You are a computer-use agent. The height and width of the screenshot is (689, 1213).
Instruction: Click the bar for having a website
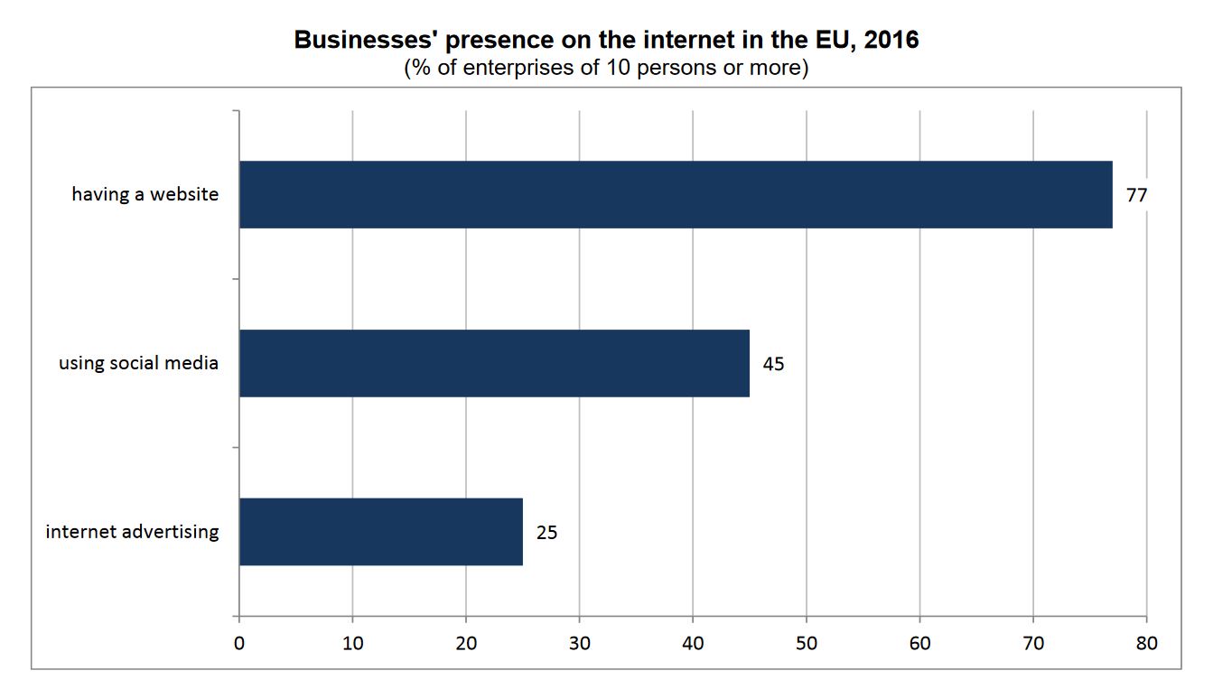click(676, 194)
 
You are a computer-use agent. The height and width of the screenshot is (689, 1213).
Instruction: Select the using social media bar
click(494, 363)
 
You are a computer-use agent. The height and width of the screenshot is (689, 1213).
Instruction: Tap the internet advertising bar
click(380, 532)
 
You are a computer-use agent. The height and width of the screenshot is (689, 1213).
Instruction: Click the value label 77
click(1136, 194)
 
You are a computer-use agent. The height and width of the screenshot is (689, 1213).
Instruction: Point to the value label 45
click(773, 364)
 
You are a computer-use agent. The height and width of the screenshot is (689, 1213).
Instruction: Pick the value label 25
click(546, 533)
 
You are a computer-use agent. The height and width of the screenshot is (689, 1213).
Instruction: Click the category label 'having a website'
click(145, 194)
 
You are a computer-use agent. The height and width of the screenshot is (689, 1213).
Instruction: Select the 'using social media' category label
click(139, 364)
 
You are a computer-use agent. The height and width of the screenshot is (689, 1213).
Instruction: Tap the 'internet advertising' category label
click(132, 532)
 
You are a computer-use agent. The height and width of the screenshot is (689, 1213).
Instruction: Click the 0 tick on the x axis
click(239, 644)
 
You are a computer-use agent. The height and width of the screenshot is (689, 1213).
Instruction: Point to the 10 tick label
click(352, 644)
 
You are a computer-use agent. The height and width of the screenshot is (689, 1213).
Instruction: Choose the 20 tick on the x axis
click(466, 644)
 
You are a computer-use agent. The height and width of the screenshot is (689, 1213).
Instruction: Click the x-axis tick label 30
click(579, 644)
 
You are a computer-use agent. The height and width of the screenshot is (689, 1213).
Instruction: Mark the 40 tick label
click(693, 644)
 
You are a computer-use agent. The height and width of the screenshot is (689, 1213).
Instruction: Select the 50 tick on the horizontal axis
click(807, 644)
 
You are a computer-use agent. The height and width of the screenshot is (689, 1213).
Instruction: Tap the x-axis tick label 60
click(919, 644)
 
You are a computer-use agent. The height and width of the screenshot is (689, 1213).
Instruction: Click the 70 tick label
click(1033, 644)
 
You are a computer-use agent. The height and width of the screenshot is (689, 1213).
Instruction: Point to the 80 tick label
click(1146, 644)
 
